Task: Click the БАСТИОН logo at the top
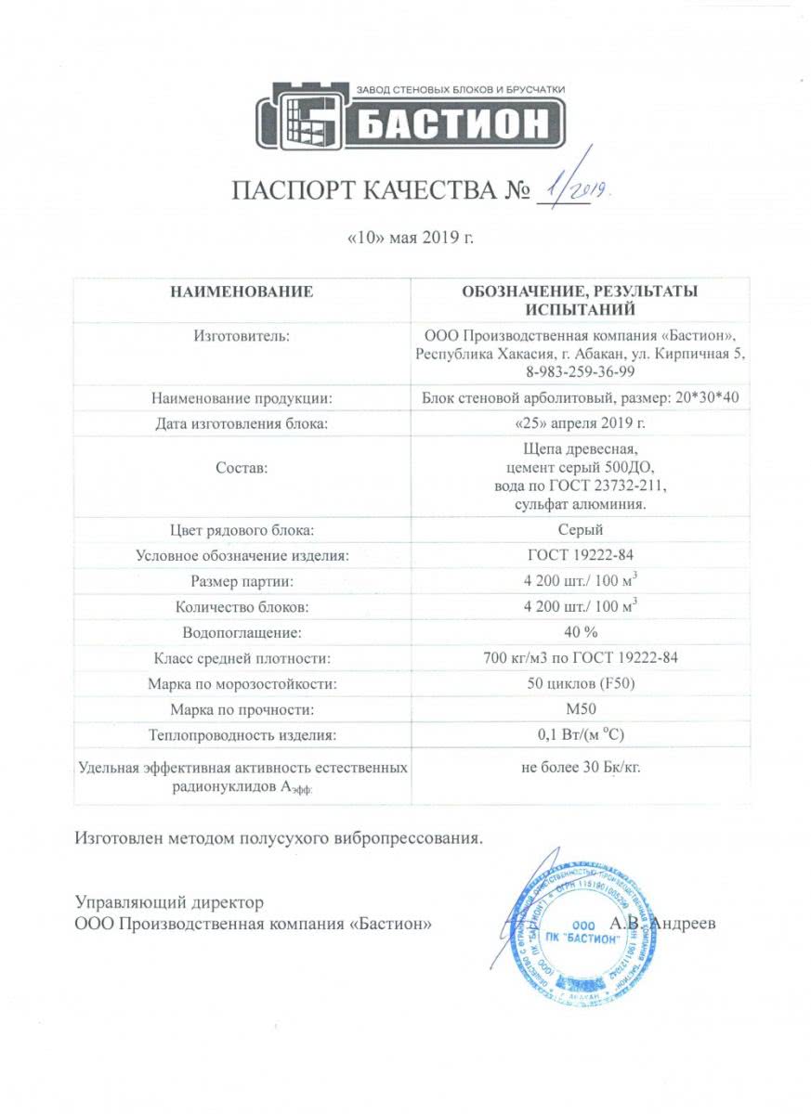click(411, 117)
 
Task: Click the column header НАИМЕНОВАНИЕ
click(241, 291)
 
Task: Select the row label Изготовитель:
click(241, 336)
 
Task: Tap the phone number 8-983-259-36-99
click(580, 371)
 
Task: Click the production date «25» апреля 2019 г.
click(580, 424)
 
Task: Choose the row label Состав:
click(241, 469)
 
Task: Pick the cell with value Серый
click(580, 530)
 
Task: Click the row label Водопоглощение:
click(241, 634)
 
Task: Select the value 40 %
click(580, 634)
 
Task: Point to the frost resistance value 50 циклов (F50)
click(580, 685)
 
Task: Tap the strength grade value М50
click(580, 710)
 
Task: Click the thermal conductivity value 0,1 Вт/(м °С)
click(580, 736)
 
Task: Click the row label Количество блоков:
click(241, 608)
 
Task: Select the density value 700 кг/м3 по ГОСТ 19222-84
click(580, 659)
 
